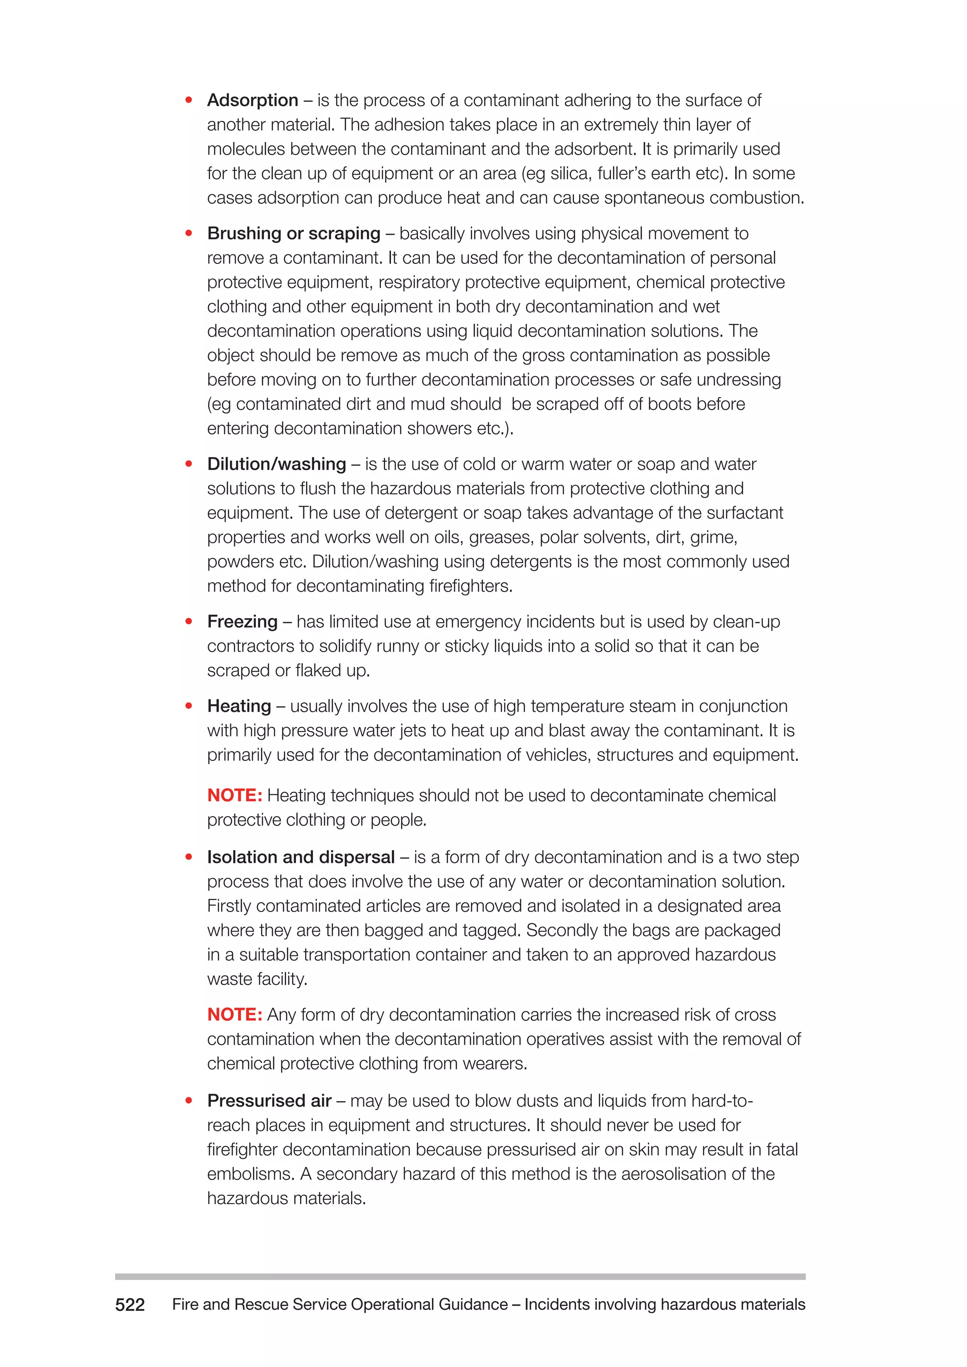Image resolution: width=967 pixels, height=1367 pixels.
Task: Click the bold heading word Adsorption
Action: point(253,101)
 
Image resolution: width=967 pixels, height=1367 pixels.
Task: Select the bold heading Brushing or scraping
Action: point(294,233)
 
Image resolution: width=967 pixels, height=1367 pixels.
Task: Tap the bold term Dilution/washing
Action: point(276,464)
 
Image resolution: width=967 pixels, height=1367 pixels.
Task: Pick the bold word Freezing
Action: point(242,622)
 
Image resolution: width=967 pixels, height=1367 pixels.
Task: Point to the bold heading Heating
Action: point(239,706)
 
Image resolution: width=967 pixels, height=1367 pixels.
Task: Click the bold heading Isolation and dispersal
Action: point(301,857)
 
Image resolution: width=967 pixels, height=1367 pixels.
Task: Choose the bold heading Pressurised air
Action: point(269,1101)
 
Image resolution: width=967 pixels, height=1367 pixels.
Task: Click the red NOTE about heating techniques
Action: point(235,795)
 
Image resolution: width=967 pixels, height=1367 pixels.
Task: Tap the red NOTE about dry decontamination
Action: point(235,1014)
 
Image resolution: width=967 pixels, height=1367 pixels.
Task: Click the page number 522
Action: point(130,1305)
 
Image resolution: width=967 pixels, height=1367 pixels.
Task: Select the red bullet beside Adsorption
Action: point(189,100)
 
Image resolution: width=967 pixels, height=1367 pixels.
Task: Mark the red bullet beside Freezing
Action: point(189,622)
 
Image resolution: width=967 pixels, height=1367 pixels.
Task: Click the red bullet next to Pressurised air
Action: point(189,1101)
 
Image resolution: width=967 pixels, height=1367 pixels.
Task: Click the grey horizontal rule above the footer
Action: point(460,1276)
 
